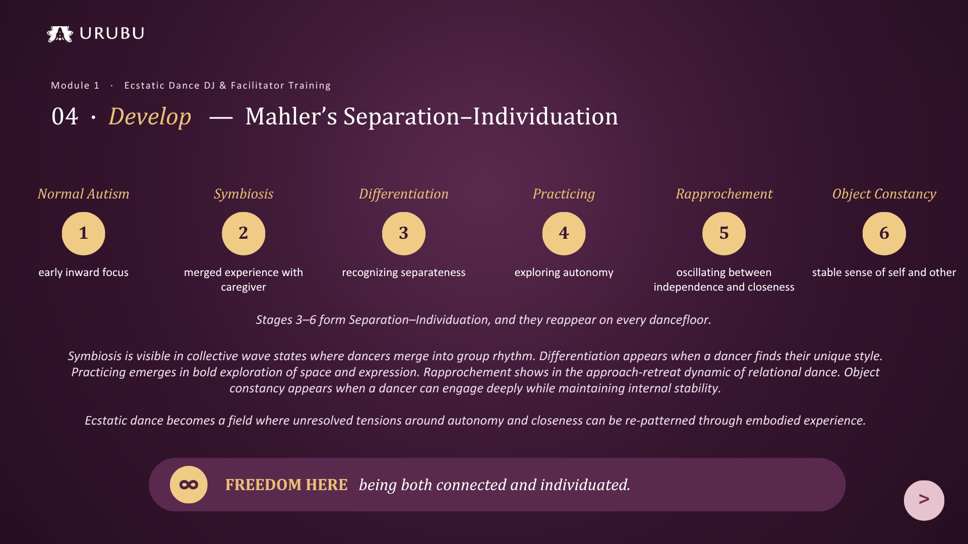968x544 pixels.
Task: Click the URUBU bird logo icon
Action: point(60,34)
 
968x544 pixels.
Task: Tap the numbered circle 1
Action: point(83,233)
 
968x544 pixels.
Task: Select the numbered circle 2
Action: point(244,233)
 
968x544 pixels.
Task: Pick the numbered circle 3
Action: point(404,233)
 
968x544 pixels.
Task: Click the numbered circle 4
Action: point(564,233)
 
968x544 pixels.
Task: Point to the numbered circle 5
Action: point(724,233)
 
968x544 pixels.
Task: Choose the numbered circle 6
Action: point(884,233)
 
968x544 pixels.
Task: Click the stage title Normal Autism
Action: point(83,194)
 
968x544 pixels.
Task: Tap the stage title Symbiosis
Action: point(244,194)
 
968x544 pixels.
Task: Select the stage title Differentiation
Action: point(404,194)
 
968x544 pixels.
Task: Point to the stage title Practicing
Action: point(564,194)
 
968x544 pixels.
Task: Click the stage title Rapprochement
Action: point(724,194)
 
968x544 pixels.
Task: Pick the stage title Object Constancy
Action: point(884,194)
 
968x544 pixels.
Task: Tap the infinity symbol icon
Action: point(189,485)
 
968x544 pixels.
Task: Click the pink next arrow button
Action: point(924,500)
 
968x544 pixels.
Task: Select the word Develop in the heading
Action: point(150,117)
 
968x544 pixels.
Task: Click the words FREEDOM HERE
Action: point(286,485)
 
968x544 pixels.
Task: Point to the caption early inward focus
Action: point(83,273)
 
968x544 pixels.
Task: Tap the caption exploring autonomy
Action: point(564,273)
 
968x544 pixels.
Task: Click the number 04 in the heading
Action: point(65,117)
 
